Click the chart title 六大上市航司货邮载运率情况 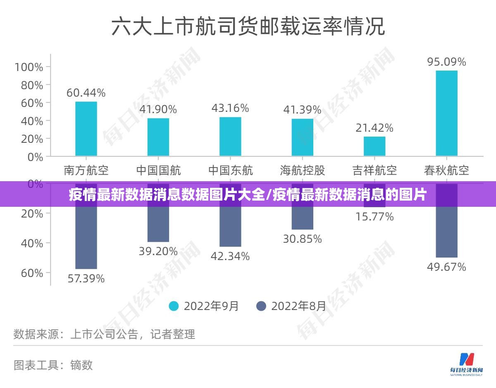pos(248,26)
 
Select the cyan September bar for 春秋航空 pos(446,113)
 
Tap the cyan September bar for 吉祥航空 pos(374,146)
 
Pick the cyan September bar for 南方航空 pos(86,129)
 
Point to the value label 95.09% pos(446,62)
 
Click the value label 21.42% pos(374,128)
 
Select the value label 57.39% pos(86,279)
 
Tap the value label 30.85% pos(303,239)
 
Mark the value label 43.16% pos(230,108)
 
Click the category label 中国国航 pos(158,170)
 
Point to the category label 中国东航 pos(230,170)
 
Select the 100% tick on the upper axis pos(29,67)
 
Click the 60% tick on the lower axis pos(32,273)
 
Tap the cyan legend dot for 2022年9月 pos(174,306)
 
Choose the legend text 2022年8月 pos(298,306)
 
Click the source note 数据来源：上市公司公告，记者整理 pos(104,334)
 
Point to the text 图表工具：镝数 pos(53,365)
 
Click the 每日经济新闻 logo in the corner pos(466,364)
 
